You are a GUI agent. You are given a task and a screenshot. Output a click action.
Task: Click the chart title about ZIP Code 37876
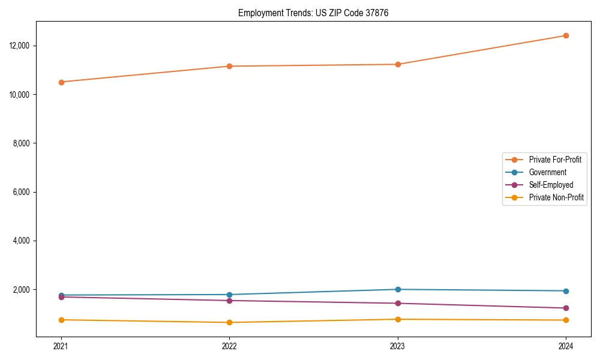313,13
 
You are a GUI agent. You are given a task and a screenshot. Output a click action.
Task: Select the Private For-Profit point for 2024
566,35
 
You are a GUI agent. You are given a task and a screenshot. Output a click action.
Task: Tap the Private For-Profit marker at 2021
61,82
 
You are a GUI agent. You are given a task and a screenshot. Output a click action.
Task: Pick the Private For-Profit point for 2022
229,66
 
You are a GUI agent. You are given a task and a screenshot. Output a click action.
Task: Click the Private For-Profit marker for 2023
398,64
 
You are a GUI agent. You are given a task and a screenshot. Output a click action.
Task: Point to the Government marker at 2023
398,289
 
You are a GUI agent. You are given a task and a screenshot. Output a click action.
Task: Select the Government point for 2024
566,291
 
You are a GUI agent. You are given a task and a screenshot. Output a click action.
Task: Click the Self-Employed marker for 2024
566,308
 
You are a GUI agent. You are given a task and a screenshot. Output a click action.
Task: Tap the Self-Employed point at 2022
229,301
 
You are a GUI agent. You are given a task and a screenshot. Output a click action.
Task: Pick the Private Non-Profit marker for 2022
229,322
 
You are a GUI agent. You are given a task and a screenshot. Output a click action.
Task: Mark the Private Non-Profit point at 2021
61,320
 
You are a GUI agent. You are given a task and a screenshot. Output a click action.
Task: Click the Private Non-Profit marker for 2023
398,319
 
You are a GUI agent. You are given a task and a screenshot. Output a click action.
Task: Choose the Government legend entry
547,172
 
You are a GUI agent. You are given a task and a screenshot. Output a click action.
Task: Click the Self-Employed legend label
551,185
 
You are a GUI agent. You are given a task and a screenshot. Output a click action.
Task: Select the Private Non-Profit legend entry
556,197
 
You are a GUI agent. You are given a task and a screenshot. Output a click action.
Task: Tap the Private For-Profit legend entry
555,160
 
